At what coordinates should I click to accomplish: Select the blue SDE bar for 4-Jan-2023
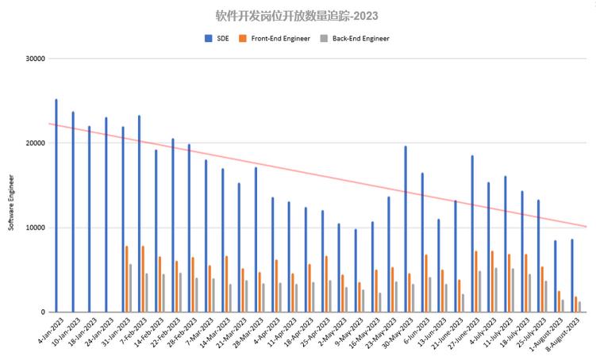(56, 206)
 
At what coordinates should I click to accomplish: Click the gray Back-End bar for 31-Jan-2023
(131, 288)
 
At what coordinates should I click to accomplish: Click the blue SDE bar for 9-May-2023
(356, 270)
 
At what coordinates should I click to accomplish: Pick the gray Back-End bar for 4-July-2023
(497, 290)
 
